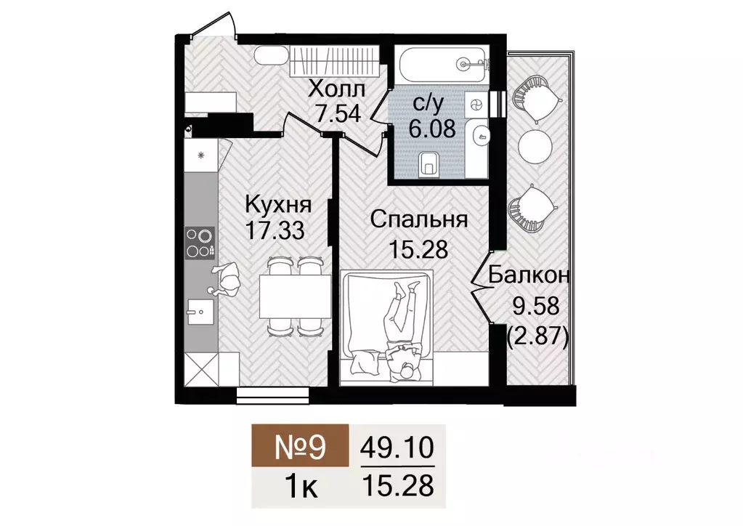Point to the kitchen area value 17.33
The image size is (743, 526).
coord(275,231)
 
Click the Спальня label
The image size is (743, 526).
coord(418,219)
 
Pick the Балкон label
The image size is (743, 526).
coord(529,275)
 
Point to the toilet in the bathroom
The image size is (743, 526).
coord(430,163)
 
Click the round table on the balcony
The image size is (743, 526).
coord(536,147)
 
